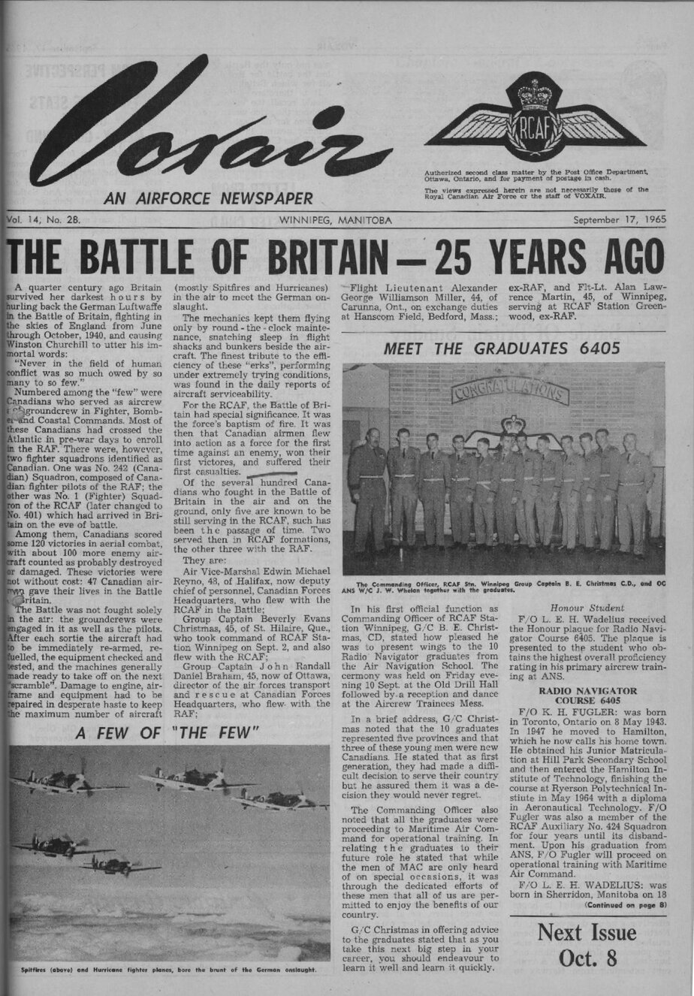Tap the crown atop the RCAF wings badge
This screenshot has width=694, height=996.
(534, 95)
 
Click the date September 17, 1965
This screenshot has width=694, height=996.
(618, 221)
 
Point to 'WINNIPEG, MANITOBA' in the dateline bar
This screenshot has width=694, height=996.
(334, 221)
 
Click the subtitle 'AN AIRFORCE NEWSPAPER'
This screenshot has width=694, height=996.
(209, 199)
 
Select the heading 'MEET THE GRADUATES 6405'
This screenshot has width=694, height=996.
(502, 349)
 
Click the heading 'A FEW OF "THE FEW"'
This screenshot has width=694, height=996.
(167, 732)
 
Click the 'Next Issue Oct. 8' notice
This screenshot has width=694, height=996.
(587, 946)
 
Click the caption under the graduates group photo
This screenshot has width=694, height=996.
(502, 586)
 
